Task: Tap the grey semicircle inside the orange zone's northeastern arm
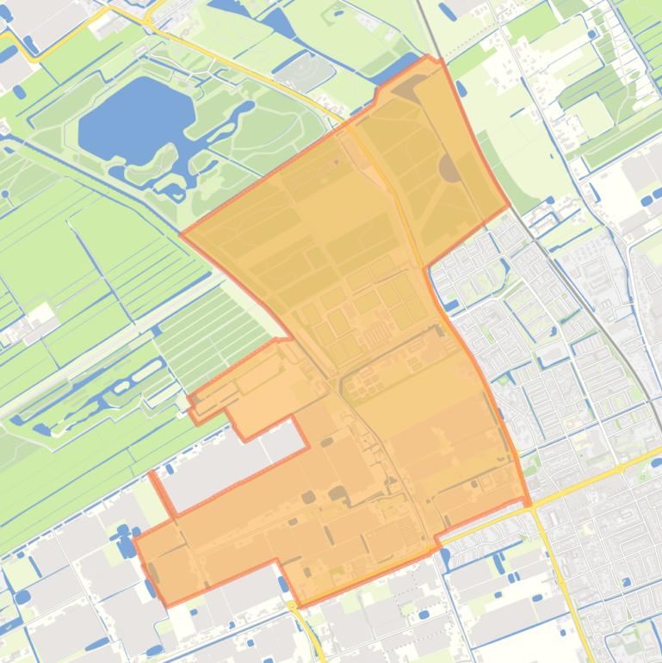[x=449, y=169]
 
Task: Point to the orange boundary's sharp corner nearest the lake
[x=182, y=233]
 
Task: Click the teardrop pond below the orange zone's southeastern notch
[x=444, y=557]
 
